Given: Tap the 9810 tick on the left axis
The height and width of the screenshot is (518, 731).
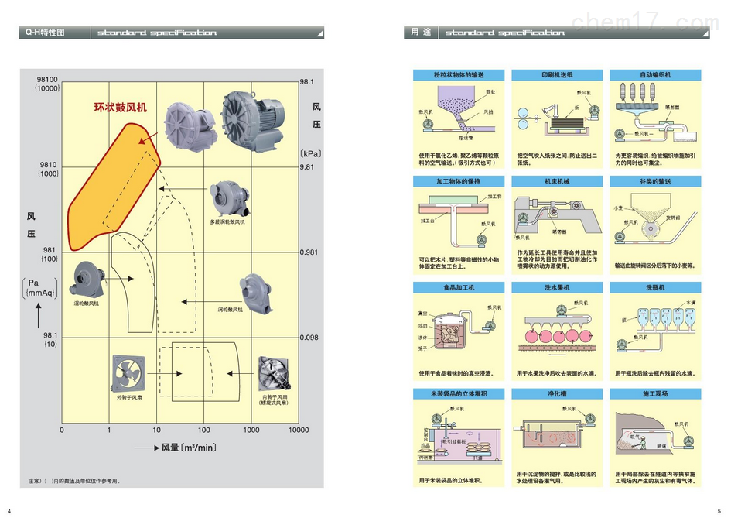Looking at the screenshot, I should (x=49, y=166).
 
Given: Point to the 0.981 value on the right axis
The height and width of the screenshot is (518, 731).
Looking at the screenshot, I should (x=309, y=252).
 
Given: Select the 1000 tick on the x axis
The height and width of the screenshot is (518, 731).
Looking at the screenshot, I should (x=251, y=430).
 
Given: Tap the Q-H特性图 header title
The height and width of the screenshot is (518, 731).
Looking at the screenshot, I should (x=45, y=33).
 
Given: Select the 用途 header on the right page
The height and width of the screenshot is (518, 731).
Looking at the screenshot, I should (x=421, y=33).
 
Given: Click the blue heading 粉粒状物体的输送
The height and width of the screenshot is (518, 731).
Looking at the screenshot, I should (x=459, y=75).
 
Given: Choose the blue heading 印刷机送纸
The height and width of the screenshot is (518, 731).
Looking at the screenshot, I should (x=557, y=75).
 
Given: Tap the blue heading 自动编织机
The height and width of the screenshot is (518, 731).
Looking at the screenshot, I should (x=655, y=75).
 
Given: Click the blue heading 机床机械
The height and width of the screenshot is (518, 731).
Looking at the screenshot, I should (x=557, y=181).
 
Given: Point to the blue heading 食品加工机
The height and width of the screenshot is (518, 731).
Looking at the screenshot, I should (x=459, y=287).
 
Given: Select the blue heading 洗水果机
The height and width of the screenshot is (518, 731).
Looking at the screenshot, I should (x=557, y=287).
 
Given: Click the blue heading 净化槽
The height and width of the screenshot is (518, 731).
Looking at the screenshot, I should (x=557, y=393).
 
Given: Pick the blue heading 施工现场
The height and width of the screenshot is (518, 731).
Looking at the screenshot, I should (x=655, y=393).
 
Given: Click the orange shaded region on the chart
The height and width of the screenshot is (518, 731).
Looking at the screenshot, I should (x=108, y=194).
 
